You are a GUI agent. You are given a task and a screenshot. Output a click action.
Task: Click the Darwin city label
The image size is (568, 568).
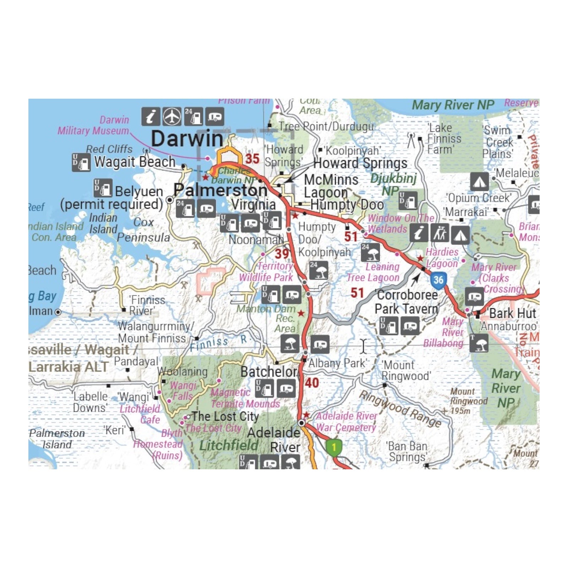point(187,139)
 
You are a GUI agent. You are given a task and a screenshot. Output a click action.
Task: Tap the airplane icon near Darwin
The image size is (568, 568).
point(172,116)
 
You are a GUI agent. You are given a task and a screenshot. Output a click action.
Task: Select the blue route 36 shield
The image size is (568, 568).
point(438,280)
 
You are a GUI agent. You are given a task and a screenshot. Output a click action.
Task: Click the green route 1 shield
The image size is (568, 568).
point(334,447)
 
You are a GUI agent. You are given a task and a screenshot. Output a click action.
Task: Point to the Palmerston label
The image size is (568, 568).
point(220,191)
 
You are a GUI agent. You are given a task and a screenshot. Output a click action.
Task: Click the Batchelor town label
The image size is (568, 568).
point(269,372)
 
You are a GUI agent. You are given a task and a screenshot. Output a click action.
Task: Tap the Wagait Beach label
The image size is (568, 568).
point(135,162)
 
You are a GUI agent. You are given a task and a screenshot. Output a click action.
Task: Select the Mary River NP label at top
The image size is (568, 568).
point(453,105)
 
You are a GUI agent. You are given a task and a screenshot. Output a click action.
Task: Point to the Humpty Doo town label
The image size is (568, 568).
point(347,205)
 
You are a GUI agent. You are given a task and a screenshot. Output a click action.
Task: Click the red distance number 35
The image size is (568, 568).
point(252,159)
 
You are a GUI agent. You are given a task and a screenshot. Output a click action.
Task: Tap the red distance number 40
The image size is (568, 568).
point(312,383)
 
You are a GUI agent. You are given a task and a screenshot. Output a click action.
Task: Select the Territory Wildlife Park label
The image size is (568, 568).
point(266,272)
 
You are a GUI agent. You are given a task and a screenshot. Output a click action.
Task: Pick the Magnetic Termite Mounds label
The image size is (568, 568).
point(245,398)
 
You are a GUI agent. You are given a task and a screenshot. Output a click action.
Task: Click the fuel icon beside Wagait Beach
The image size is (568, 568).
point(81,162)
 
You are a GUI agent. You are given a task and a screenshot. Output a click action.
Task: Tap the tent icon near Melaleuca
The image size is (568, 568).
point(479,181)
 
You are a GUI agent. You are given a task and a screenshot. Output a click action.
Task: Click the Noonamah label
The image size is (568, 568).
point(256,240)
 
